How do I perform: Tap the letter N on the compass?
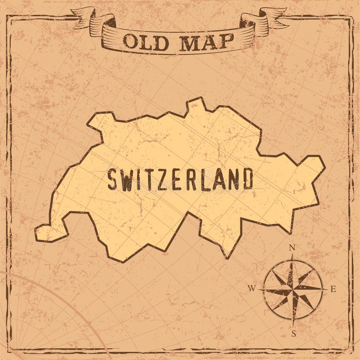(292, 247)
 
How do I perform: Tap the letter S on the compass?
(293, 333)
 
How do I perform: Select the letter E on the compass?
(333, 289)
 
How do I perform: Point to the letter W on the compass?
(252, 288)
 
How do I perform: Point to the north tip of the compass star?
(293, 257)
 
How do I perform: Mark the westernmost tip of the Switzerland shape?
(36, 232)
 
